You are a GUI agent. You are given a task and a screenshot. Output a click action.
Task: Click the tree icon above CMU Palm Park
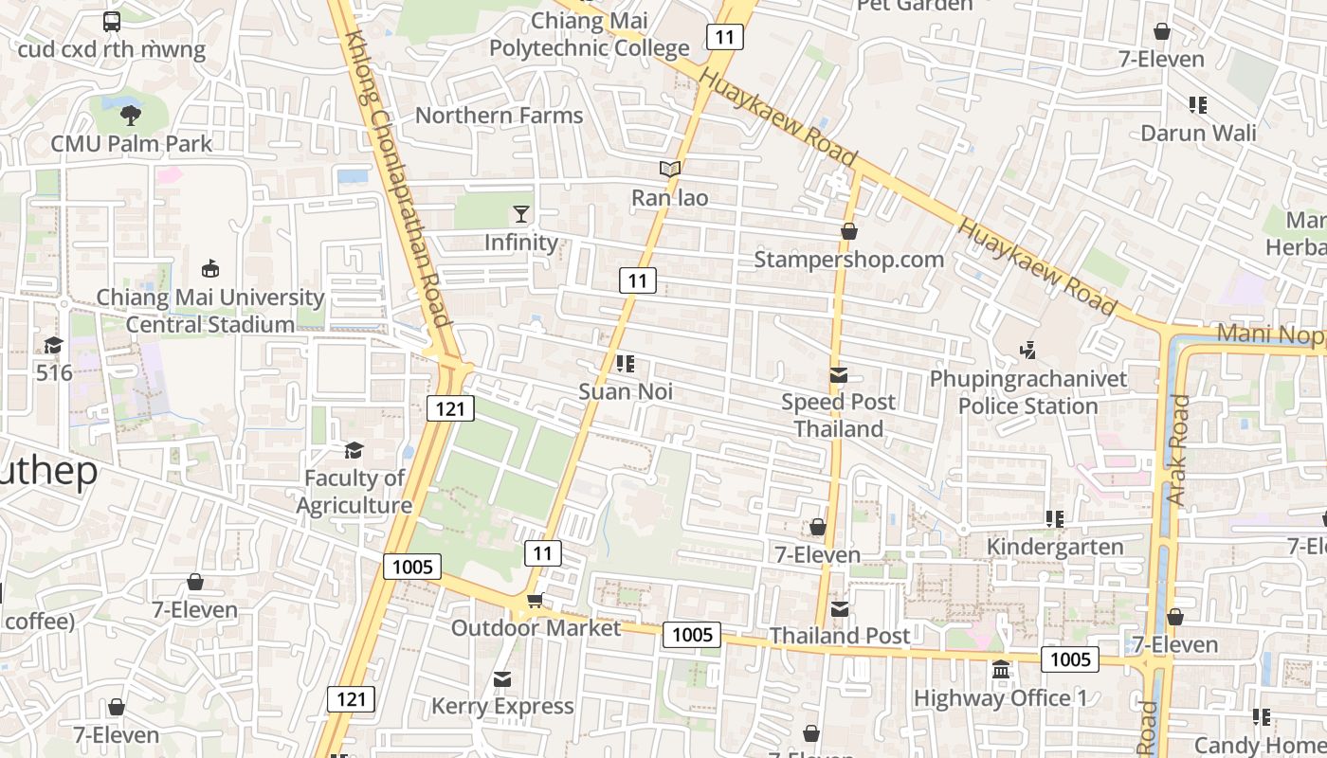click(131, 116)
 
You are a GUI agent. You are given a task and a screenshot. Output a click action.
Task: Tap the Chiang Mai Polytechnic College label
click(589, 34)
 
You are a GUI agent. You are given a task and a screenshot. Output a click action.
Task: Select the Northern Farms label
click(500, 116)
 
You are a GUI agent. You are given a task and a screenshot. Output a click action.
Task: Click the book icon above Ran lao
click(670, 170)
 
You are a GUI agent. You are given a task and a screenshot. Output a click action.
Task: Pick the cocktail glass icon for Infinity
click(521, 214)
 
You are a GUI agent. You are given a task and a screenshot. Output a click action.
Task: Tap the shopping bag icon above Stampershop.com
click(848, 231)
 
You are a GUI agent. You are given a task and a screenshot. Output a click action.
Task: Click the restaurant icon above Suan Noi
click(625, 363)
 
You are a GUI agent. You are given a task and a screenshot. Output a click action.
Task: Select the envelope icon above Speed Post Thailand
click(838, 375)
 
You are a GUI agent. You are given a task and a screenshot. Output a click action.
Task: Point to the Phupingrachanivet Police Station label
click(1028, 392)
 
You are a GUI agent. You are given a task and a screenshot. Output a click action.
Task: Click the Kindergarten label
click(1055, 547)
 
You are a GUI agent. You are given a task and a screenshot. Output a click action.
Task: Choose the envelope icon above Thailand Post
click(840, 608)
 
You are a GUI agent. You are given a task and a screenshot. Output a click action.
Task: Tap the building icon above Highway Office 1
click(1000, 671)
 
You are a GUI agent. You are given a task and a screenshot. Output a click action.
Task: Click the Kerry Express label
click(502, 706)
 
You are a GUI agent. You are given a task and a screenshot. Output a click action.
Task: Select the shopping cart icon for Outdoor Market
click(536, 600)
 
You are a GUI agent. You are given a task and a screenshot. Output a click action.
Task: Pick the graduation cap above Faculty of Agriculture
click(354, 450)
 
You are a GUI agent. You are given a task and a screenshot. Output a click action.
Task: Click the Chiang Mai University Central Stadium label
click(210, 311)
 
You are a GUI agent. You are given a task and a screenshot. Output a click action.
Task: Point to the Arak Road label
click(1178, 450)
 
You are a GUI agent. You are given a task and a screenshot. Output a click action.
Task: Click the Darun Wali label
click(1198, 133)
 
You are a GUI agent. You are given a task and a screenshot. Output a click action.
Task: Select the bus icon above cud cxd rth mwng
click(112, 21)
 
